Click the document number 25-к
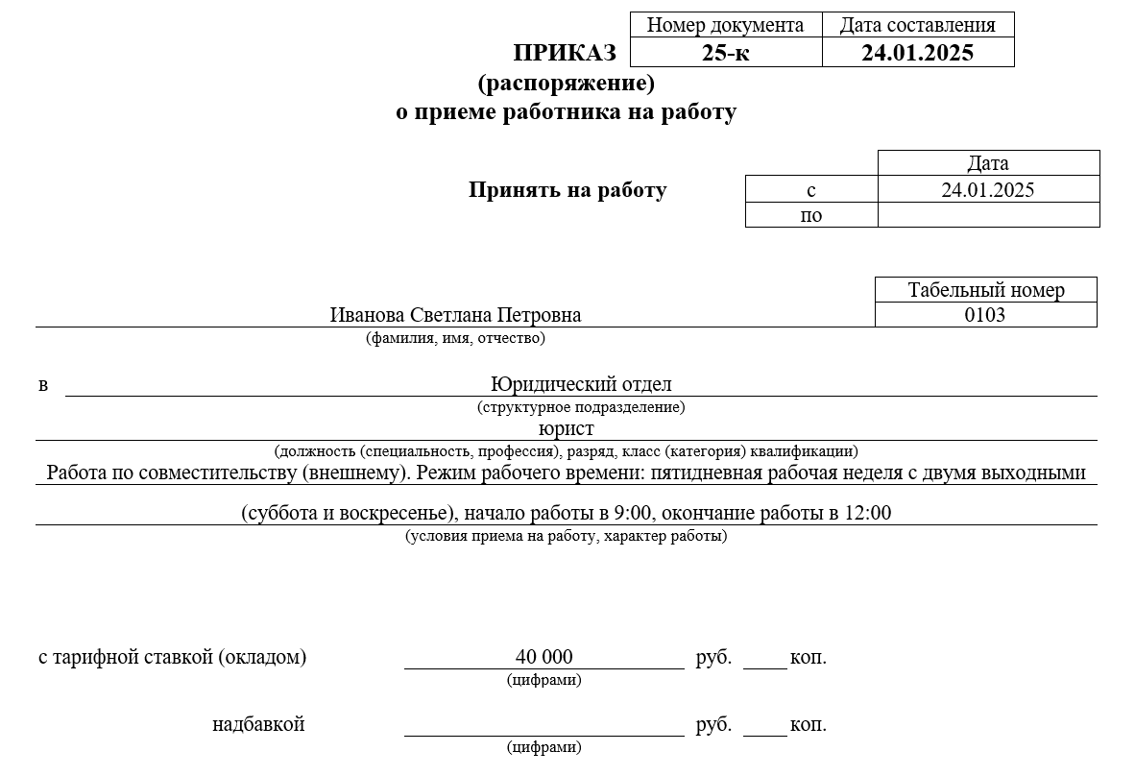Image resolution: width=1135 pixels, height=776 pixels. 725,53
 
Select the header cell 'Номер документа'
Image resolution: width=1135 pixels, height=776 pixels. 725,25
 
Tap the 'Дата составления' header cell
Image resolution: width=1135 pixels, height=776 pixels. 917,25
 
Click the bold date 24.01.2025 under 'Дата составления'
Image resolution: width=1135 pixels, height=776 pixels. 917,53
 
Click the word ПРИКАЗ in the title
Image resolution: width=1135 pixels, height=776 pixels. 565,53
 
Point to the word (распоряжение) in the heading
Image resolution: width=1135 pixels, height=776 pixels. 566,83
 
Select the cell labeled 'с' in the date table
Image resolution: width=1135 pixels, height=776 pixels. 811,190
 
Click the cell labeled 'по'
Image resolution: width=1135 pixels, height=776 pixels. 811,215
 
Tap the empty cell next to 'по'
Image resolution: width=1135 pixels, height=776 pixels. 988,215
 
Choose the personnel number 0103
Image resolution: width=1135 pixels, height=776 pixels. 985,314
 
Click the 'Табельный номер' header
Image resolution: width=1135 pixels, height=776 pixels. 986,290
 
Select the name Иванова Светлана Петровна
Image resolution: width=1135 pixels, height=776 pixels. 455,315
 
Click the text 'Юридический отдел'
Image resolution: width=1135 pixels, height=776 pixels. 581,384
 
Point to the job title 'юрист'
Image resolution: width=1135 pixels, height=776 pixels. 567,428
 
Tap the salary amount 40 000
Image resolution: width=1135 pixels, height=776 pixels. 543,657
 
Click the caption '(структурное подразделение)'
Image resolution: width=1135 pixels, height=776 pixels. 581,407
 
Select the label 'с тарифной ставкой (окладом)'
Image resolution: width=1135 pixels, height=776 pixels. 173,658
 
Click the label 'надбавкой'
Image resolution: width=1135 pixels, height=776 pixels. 258,724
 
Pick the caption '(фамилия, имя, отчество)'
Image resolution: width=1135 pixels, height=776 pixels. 455,338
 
